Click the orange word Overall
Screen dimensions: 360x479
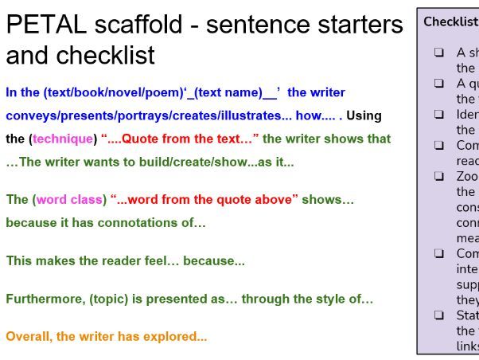[29, 336]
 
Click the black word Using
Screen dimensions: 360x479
[364, 115]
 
